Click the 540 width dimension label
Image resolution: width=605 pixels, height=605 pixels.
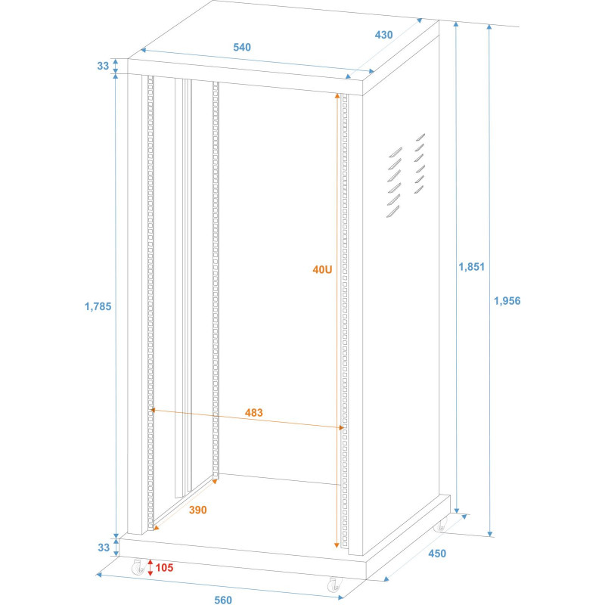coord(242,47)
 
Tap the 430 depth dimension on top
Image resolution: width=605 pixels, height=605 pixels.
coord(384,35)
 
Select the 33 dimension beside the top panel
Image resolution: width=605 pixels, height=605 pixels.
coord(103,66)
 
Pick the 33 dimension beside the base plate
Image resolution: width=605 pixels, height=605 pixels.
coord(103,547)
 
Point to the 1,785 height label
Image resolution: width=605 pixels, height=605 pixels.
coord(98,306)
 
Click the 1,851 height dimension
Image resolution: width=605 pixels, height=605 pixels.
coord(471,266)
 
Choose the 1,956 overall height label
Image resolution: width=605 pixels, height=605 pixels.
coord(507,300)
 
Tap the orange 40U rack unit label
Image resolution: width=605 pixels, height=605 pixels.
coord(323,269)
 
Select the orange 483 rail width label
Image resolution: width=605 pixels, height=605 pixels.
coord(254,412)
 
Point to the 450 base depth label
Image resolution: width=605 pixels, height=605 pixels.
coord(436,553)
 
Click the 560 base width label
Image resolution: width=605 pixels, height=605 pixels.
coord(222,600)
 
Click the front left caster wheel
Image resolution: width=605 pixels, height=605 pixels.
coord(138,566)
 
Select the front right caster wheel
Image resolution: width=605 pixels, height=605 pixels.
coord(334,585)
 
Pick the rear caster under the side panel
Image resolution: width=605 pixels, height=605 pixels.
coord(441,524)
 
